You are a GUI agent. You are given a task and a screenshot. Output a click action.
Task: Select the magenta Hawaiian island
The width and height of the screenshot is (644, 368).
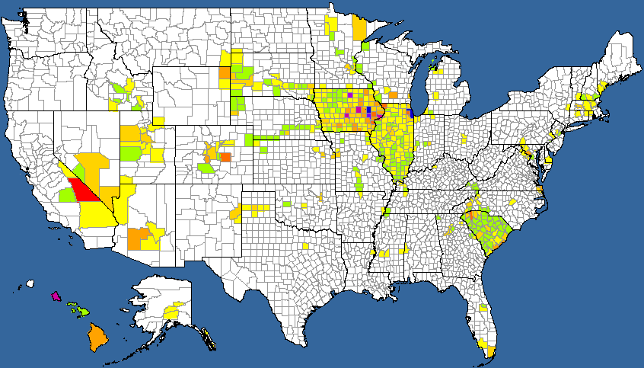55,296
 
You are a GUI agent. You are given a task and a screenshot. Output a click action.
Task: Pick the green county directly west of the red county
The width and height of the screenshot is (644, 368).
67,195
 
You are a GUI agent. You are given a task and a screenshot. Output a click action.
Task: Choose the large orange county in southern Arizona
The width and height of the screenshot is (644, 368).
138,238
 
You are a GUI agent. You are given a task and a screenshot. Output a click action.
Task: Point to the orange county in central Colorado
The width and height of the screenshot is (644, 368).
225,157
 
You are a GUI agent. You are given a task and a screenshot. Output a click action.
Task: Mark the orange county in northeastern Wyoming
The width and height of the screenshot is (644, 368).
224,73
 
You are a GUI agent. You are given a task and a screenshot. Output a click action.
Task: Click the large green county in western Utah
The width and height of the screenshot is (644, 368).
130,153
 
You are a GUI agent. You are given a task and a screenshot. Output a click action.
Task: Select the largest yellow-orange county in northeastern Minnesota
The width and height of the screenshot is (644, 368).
359,28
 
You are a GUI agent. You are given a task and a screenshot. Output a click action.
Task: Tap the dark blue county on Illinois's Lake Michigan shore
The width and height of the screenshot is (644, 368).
410,113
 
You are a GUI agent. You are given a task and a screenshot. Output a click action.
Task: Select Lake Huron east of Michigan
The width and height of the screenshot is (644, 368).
477,72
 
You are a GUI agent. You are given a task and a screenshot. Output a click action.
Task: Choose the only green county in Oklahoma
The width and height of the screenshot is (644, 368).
287,204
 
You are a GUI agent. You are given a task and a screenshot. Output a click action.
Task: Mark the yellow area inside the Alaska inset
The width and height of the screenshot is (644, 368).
173,312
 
